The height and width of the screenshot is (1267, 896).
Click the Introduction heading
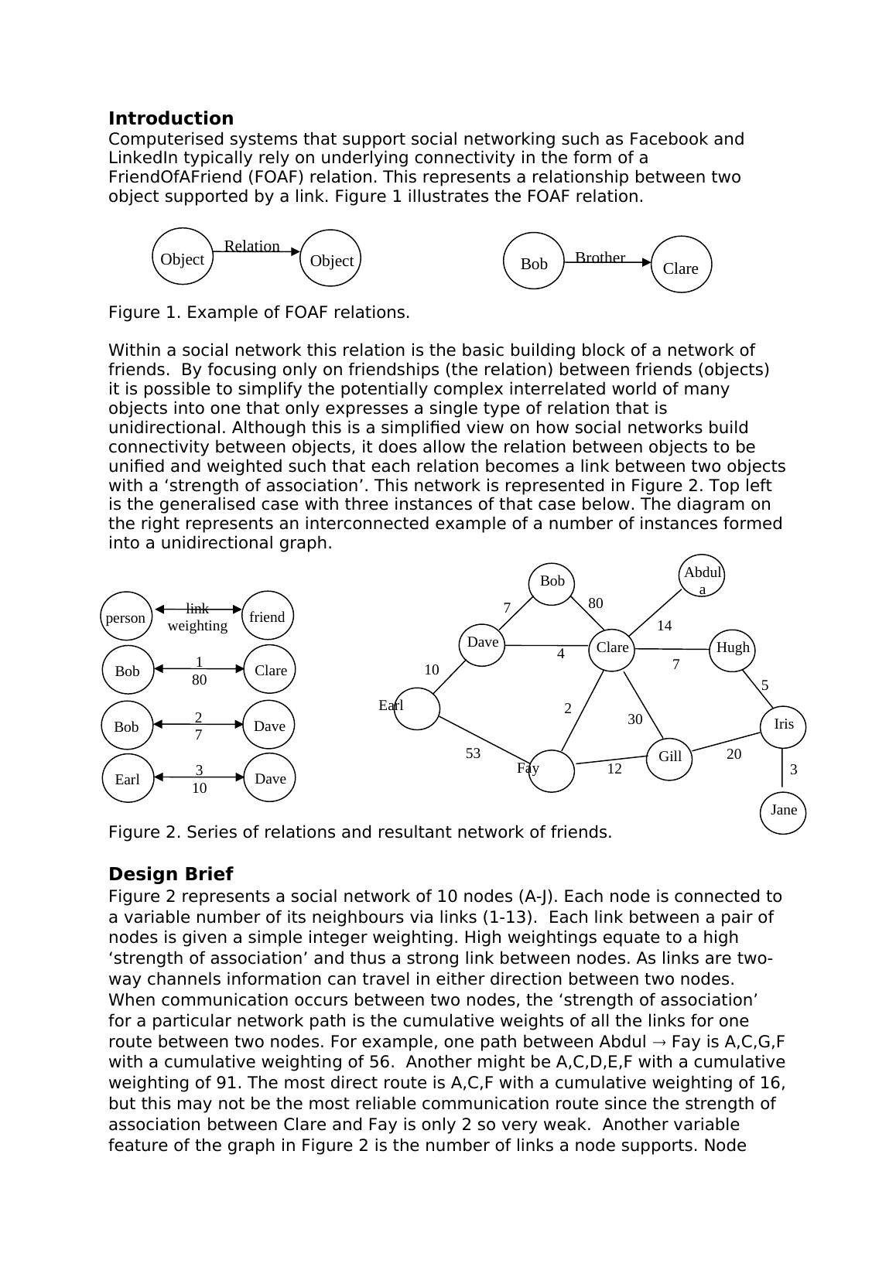coord(170,118)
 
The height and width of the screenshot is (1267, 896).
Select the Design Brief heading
coord(170,874)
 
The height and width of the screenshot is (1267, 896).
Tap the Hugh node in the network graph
coord(732,649)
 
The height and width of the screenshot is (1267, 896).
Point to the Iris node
coord(783,726)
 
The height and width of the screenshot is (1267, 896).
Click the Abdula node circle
coord(703,577)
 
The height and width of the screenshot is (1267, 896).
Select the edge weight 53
coord(473,753)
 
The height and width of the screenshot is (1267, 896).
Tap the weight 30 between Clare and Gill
coord(634,719)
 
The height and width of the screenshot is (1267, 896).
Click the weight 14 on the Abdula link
coord(664,626)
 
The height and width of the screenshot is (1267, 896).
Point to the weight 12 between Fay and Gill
coord(614,769)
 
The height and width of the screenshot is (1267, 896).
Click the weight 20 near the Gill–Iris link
coord(734,754)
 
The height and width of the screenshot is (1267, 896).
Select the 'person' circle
coord(125,617)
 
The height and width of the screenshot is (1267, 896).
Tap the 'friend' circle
coord(268,616)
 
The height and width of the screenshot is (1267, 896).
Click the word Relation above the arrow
coord(251,246)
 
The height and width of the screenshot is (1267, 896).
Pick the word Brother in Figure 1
coord(600,258)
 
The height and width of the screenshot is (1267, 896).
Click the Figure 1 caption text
coord(258,312)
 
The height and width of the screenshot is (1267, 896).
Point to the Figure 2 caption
coord(360,832)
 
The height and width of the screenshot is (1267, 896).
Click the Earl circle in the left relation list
coord(128,778)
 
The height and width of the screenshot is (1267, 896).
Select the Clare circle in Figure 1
coord(681,265)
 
